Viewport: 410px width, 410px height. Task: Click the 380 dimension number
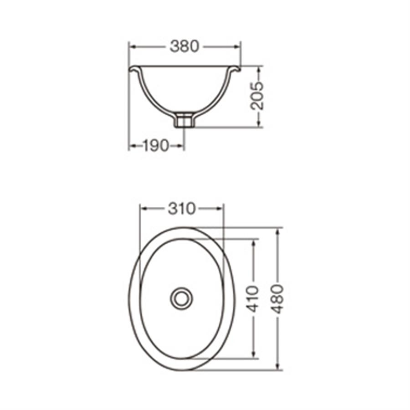click(x=184, y=47)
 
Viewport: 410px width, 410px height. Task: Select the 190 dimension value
click(x=156, y=146)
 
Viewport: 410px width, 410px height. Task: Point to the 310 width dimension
click(x=182, y=209)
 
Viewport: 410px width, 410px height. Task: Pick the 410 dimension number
click(x=252, y=299)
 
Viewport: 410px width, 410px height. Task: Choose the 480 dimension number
click(x=277, y=299)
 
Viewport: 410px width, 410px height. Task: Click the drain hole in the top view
click(x=181, y=298)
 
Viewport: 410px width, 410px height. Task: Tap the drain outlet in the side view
click(x=184, y=120)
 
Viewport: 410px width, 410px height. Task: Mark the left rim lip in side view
click(x=135, y=69)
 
